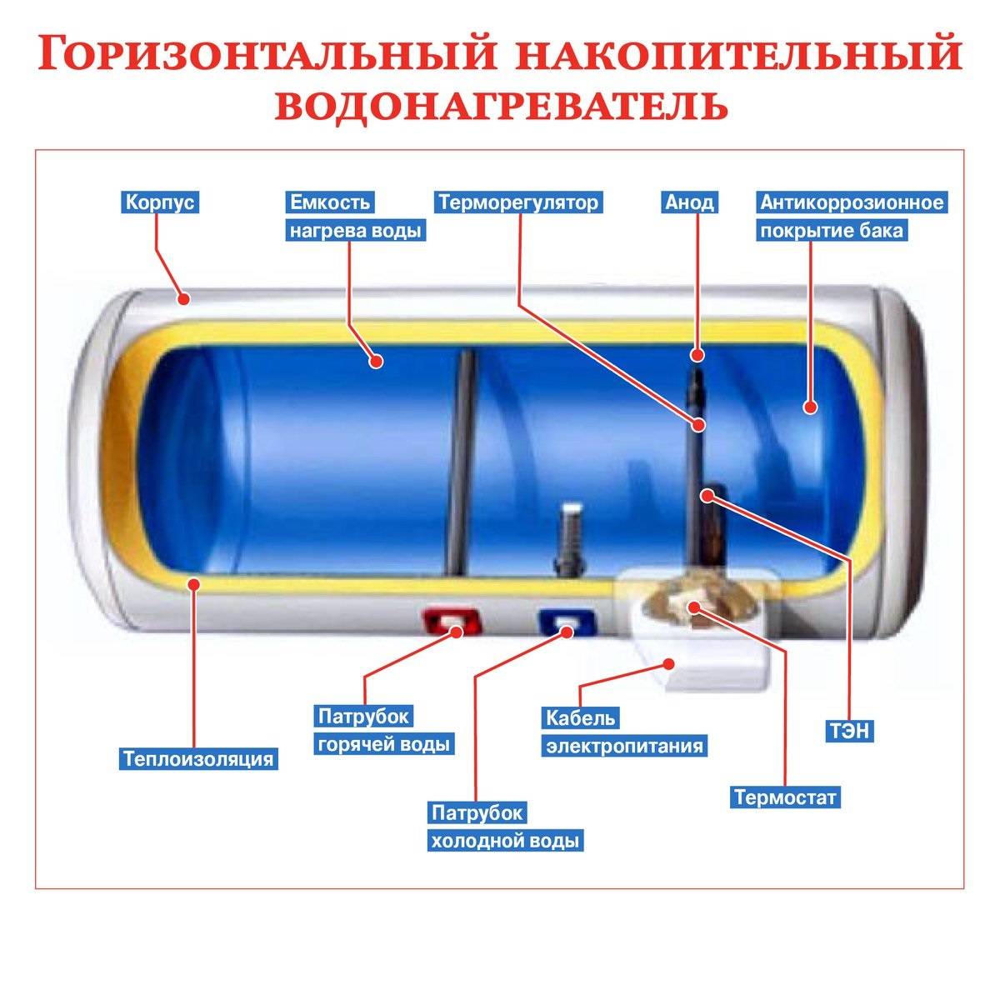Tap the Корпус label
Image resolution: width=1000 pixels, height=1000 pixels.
coord(162,202)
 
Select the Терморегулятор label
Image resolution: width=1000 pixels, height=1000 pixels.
coord(518,202)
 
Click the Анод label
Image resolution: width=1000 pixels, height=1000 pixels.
coord(689,202)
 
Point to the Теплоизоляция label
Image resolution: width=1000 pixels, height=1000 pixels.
coord(198,759)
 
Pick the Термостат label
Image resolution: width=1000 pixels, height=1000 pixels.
coord(784,797)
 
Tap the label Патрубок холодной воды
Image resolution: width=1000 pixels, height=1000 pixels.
coord(504,827)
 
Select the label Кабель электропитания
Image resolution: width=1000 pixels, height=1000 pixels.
coord(624,732)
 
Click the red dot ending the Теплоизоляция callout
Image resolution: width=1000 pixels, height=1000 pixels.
coord(194,584)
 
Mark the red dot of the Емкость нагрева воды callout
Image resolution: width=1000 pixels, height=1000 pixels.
coord(377,362)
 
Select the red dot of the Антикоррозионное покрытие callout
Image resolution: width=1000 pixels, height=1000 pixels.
coord(809,407)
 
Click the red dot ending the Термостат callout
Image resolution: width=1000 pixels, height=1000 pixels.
coord(694,607)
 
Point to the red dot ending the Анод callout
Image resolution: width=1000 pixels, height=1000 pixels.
coord(696,357)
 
